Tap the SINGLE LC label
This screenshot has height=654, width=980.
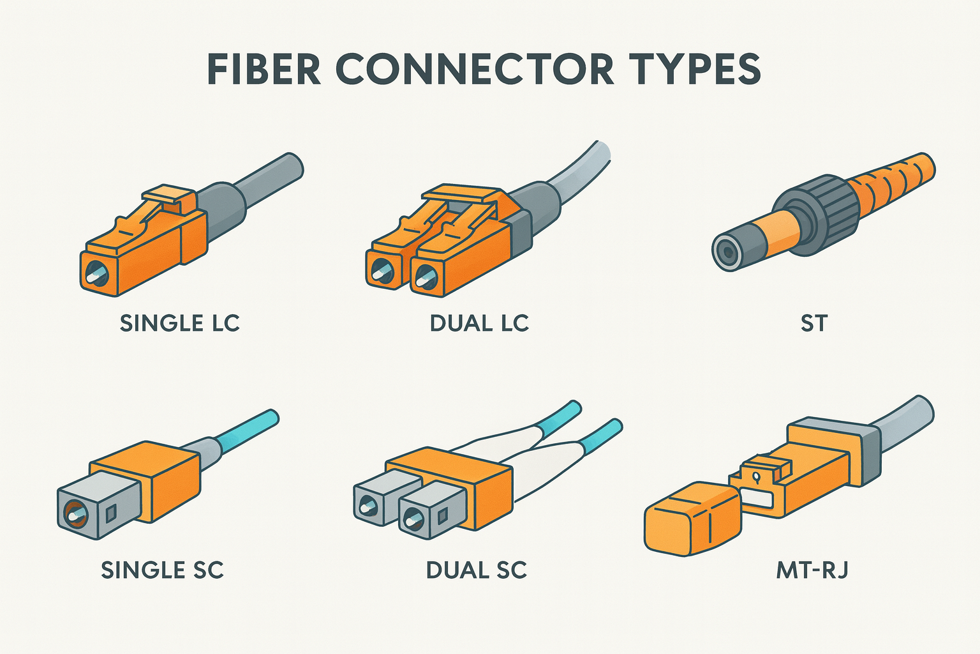click(179, 323)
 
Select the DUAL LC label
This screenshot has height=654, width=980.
click(479, 323)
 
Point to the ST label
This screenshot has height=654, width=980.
click(813, 324)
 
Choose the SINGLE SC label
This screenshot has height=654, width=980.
click(162, 570)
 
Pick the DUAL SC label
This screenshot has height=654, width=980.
click(476, 570)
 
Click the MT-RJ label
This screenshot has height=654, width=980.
click(812, 570)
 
